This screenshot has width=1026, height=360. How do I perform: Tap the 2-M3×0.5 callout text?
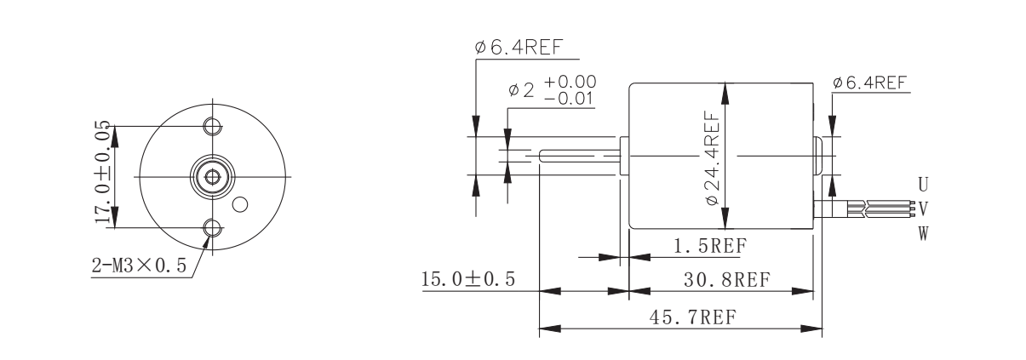[140, 266]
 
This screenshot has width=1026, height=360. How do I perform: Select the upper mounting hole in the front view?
[212, 126]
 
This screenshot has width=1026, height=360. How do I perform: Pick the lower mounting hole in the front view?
[212, 227]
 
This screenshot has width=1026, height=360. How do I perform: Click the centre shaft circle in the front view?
[212, 177]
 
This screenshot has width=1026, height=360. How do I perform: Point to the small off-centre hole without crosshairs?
[241, 203]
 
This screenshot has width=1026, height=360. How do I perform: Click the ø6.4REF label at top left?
[519, 48]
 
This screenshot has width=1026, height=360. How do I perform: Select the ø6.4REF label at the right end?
[869, 83]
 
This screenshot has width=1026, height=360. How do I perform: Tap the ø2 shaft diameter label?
[521, 89]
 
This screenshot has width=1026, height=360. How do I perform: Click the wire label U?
[922, 183]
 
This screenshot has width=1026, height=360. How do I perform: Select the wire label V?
[922, 207]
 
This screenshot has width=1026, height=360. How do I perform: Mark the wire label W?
[922, 231]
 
